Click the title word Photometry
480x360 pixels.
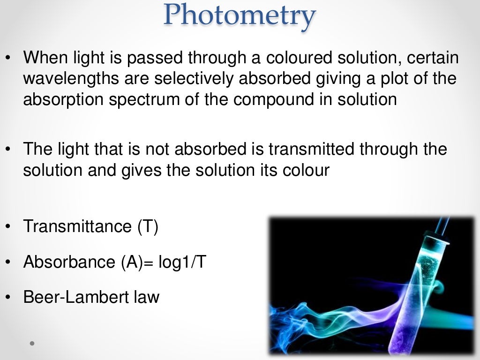[x=239, y=15]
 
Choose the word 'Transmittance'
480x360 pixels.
[x=77, y=226]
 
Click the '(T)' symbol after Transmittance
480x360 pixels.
[x=148, y=226]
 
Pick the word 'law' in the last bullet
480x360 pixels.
[x=146, y=297]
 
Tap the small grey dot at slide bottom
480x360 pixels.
[x=32, y=344]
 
